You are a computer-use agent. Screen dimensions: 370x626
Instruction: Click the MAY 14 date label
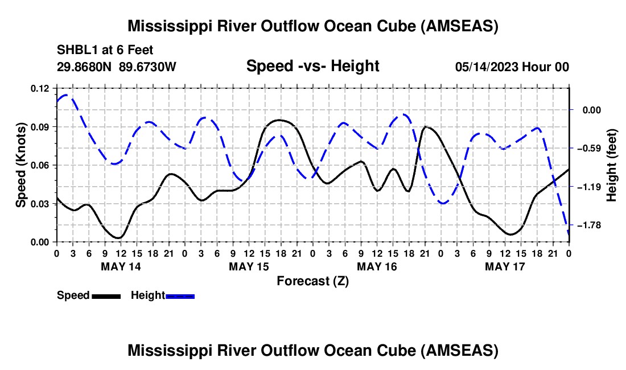tap(120, 266)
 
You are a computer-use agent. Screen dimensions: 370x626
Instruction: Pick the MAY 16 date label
tap(377, 266)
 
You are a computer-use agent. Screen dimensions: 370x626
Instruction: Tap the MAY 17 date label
tap(505, 266)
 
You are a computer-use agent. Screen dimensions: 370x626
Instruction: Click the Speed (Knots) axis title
tap(20, 165)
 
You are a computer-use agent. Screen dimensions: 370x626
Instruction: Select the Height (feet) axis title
tap(612, 165)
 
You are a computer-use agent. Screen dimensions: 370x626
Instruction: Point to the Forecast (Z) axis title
tap(312, 281)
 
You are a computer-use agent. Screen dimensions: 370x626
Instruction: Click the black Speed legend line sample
tap(105, 295)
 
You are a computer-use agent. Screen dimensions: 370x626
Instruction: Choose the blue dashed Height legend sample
tap(180, 295)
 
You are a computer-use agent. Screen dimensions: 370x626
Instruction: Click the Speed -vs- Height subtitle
tap(312, 66)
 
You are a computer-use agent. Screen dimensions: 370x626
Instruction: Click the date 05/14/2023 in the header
tap(485, 67)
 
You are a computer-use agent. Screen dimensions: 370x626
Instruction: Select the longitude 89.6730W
tap(148, 67)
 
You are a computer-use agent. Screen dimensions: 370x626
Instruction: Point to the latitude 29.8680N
tap(85, 67)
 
